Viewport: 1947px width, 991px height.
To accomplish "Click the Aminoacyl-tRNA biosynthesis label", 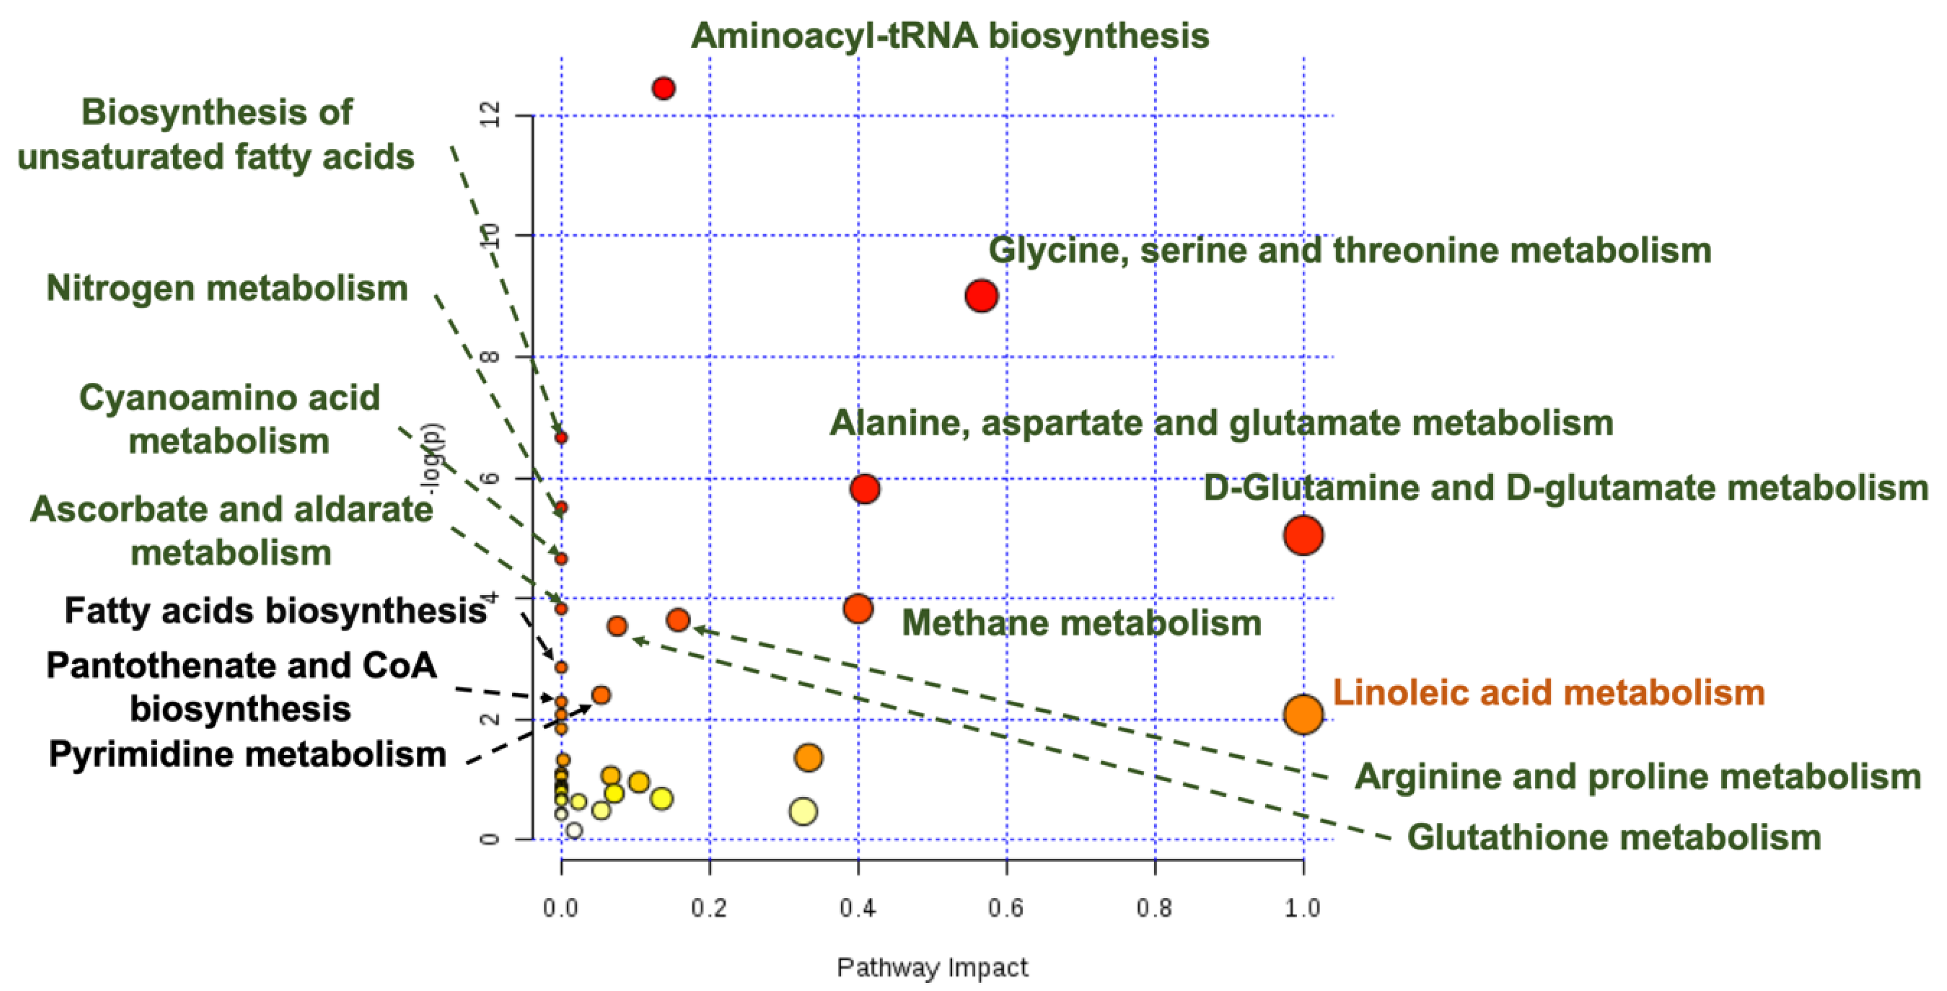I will (949, 35).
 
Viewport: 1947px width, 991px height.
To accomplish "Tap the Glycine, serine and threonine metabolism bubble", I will (981, 296).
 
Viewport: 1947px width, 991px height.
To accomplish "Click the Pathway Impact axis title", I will (932, 968).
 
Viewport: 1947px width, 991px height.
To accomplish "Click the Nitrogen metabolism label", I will (227, 289).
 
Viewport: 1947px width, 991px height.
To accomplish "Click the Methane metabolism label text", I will (1082, 623).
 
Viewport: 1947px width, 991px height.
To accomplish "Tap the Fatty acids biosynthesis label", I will (275, 611).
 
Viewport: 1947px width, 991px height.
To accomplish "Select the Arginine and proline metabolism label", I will (1637, 777).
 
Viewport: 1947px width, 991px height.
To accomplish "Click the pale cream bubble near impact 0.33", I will (803, 811).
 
